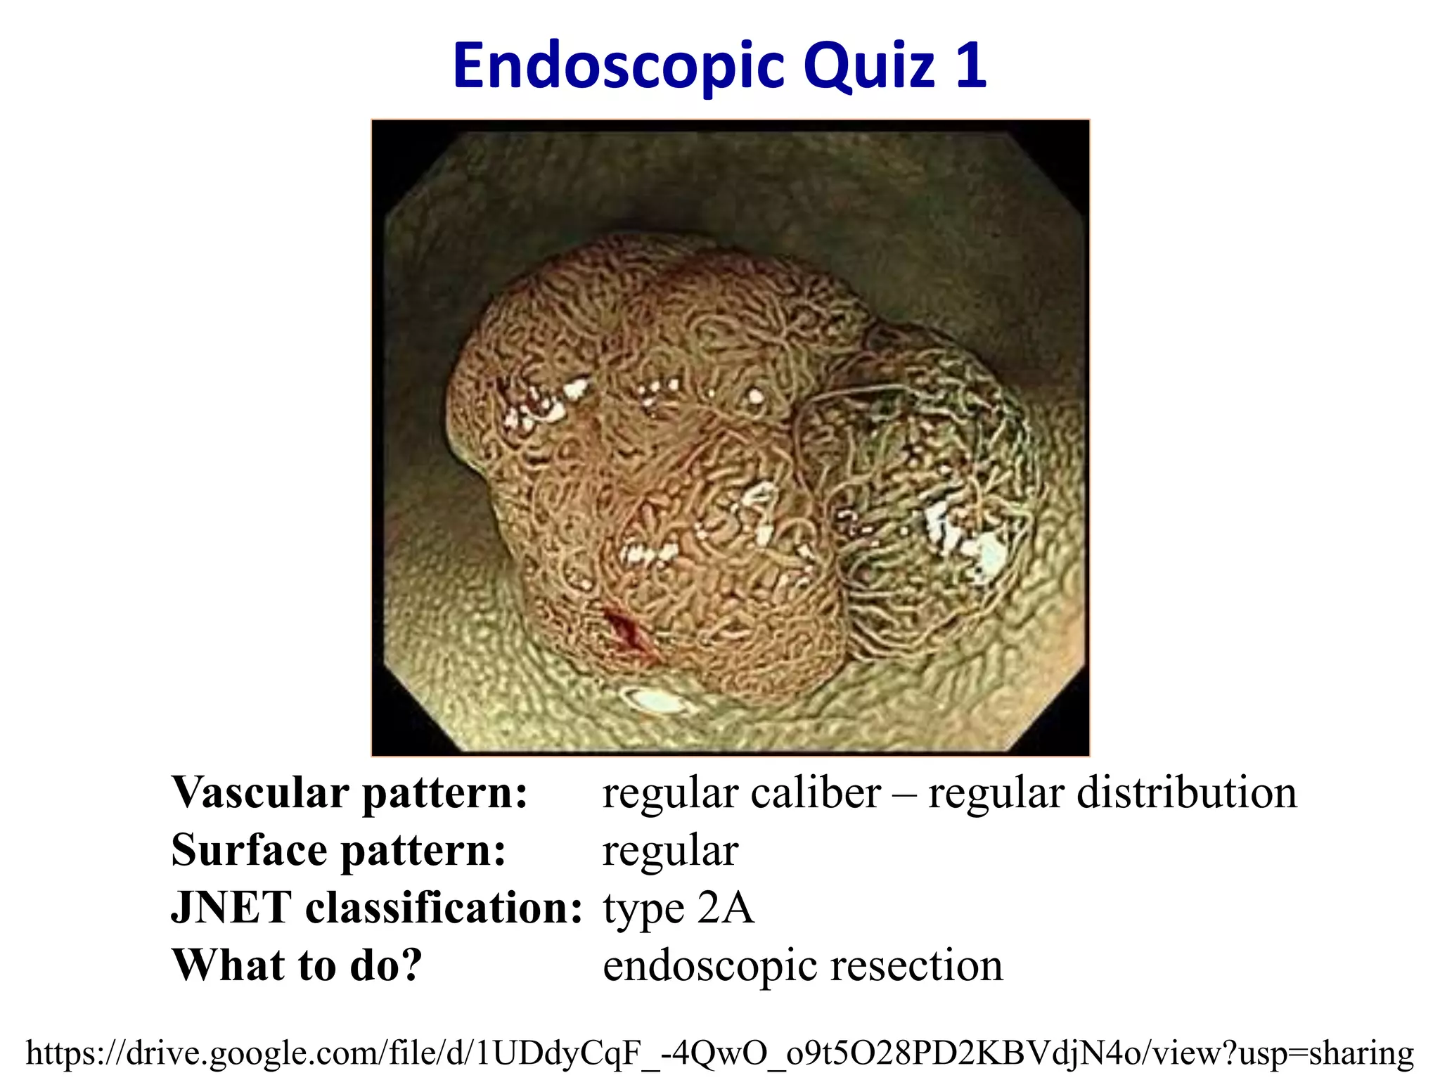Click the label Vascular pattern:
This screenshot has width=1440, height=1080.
click(349, 793)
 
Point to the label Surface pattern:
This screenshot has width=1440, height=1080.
click(338, 851)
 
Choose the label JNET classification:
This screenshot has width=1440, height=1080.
click(377, 908)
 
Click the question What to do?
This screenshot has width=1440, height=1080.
click(297, 965)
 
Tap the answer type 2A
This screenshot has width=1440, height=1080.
click(679, 908)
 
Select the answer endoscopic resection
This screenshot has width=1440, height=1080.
click(802, 965)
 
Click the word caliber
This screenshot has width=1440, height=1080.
click(816, 793)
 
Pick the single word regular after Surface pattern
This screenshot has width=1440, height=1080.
click(670, 851)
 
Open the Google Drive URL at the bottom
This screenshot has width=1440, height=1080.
click(719, 1053)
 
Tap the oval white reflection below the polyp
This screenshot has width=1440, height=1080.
click(654, 700)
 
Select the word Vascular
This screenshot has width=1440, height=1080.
click(260, 793)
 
